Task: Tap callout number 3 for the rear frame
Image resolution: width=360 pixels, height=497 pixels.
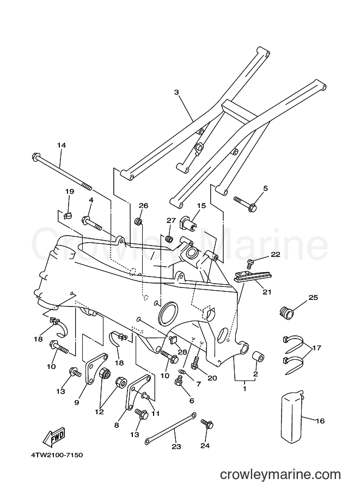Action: (176, 92)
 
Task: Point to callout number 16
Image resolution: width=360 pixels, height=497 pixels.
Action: (320, 421)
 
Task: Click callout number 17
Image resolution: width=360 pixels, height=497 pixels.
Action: (316, 348)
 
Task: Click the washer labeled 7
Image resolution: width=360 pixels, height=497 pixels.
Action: (182, 371)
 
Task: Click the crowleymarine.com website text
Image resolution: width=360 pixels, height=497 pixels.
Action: (280, 474)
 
